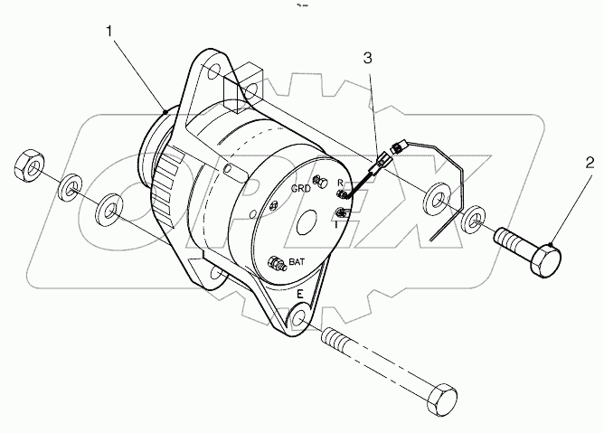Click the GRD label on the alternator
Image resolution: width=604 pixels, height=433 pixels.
click(301, 189)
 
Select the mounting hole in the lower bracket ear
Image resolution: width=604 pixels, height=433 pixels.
click(299, 319)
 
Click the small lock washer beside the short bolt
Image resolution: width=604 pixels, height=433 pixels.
click(472, 221)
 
